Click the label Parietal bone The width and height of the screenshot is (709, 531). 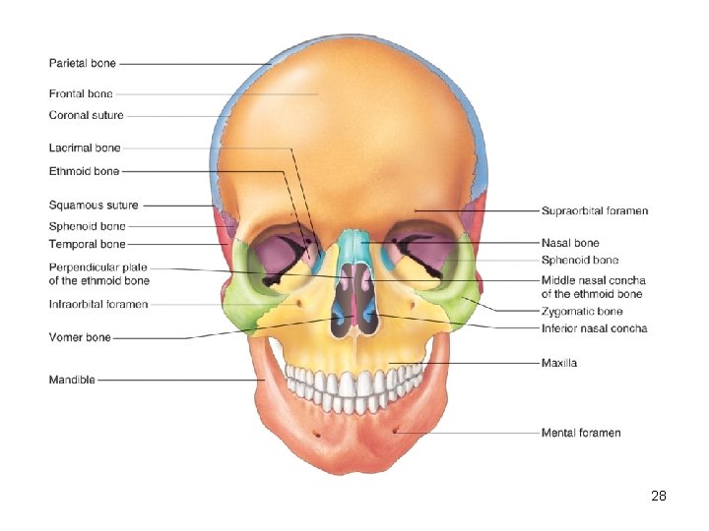(x=83, y=64)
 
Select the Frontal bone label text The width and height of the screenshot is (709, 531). (x=81, y=94)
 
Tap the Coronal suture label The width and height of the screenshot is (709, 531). (x=87, y=115)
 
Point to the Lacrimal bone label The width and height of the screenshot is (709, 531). (x=85, y=147)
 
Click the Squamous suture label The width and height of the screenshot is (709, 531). (x=94, y=206)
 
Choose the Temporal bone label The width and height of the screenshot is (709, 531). (x=88, y=244)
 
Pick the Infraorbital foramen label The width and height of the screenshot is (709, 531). (x=98, y=304)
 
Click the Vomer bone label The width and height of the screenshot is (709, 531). (x=80, y=337)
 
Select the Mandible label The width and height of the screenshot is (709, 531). (x=72, y=380)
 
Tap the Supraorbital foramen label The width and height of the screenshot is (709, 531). (x=595, y=211)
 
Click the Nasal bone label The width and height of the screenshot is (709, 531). (x=570, y=243)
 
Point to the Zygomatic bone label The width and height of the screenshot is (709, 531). (x=582, y=312)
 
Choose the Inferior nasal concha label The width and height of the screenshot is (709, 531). (x=595, y=328)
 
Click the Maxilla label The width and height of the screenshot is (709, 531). (x=559, y=364)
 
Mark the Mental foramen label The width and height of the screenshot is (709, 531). (x=581, y=433)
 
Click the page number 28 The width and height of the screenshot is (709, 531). (x=659, y=496)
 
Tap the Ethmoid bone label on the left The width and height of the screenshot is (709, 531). (x=84, y=171)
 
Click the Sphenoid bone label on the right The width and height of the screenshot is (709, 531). (x=580, y=260)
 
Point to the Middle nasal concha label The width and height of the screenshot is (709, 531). (x=593, y=281)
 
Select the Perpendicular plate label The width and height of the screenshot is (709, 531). (x=99, y=267)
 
